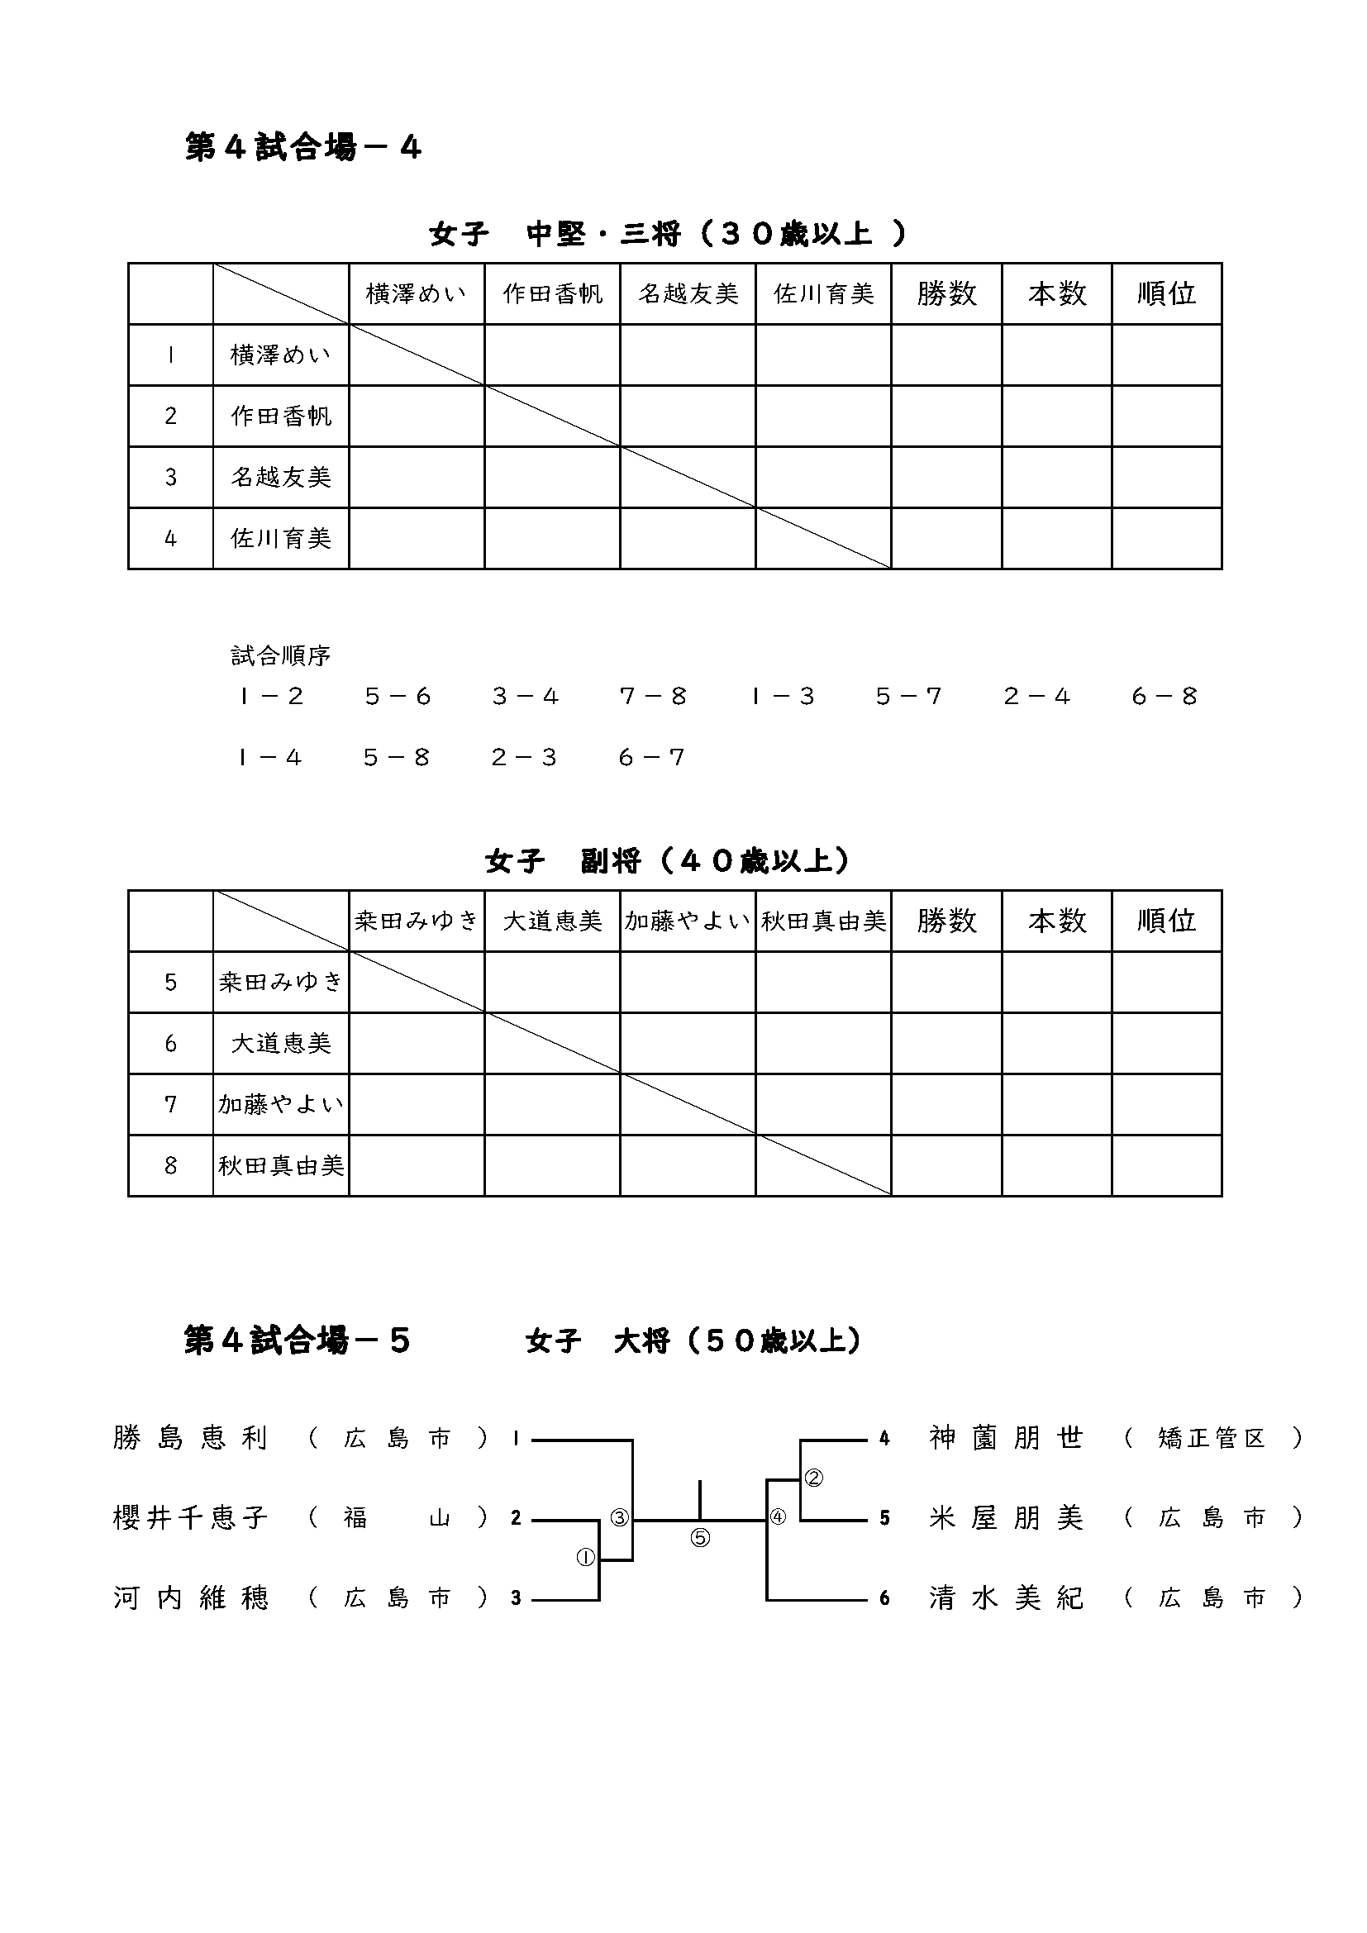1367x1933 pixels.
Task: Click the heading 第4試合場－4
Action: pyautogui.click(x=302, y=148)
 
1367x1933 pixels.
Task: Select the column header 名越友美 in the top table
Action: pyautogui.click(x=688, y=294)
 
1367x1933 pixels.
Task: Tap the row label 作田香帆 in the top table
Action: pyautogui.click(x=281, y=416)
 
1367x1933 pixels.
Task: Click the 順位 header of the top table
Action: pyautogui.click(x=1166, y=294)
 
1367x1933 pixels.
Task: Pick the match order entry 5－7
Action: pyautogui.click(x=908, y=696)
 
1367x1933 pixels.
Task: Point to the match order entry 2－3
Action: pyautogui.click(x=525, y=758)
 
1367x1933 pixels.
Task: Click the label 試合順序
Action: pyautogui.click(x=280, y=656)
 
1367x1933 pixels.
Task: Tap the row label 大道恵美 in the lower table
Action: pyautogui.click(x=281, y=1044)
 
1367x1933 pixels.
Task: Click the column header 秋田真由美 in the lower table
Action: pyautogui.click(x=823, y=921)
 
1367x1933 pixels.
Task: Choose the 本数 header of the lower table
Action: pyautogui.click(x=1056, y=921)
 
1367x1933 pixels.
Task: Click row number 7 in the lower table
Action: pyautogui.click(x=171, y=1105)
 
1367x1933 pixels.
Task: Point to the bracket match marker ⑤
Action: pyautogui.click(x=700, y=1538)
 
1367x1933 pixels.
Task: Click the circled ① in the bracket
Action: pyautogui.click(x=585, y=1558)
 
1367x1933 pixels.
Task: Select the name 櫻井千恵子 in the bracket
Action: pyautogui.click(x=191, y=1518)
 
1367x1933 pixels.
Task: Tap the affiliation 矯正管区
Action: pyautogui.click(x=1212, y=1439)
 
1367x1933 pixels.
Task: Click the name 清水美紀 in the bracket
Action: pyautogui.click(x=1006, y=1598)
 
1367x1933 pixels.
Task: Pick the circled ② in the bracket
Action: pyautogui.click(x=814, y=1478)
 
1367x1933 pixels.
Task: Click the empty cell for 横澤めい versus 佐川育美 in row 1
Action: pyautogui.click(x=823, y=355)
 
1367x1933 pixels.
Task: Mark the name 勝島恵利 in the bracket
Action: pyautogui.click(x=191, y=1439)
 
